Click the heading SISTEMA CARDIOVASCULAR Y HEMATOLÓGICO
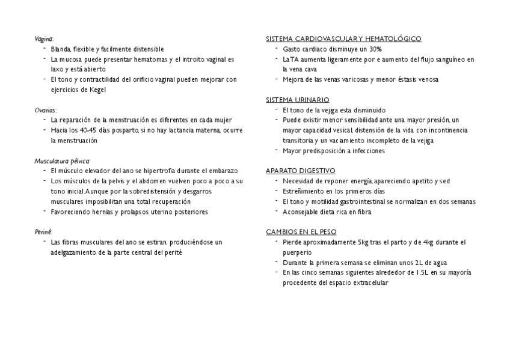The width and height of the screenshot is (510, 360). (x=343, y=38)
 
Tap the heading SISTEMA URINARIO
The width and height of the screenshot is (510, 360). (x=297, y=100)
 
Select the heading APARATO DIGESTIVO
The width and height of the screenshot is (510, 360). (x=301, y=171)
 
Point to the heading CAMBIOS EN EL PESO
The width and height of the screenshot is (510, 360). (x=301, y=231)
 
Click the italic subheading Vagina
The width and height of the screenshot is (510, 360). (x=44, y=38)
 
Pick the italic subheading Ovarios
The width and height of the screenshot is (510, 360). (x=46, y=110)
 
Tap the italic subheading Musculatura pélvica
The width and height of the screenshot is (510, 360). (x=62, y=160)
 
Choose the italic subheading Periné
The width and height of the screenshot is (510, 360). (x=43, y=231)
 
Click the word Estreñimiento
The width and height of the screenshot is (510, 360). (x=303, y=191)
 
